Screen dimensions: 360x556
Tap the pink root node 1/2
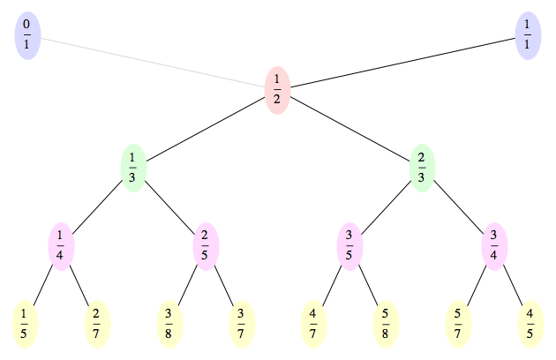click(277, 88)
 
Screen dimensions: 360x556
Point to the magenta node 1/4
click(61, 242)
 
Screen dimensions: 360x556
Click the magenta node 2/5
click(206, 242)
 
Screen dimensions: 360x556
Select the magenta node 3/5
click(349, 242)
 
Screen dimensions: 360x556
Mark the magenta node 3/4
click(494, 242)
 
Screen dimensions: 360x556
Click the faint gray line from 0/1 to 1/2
click(153, 62)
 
